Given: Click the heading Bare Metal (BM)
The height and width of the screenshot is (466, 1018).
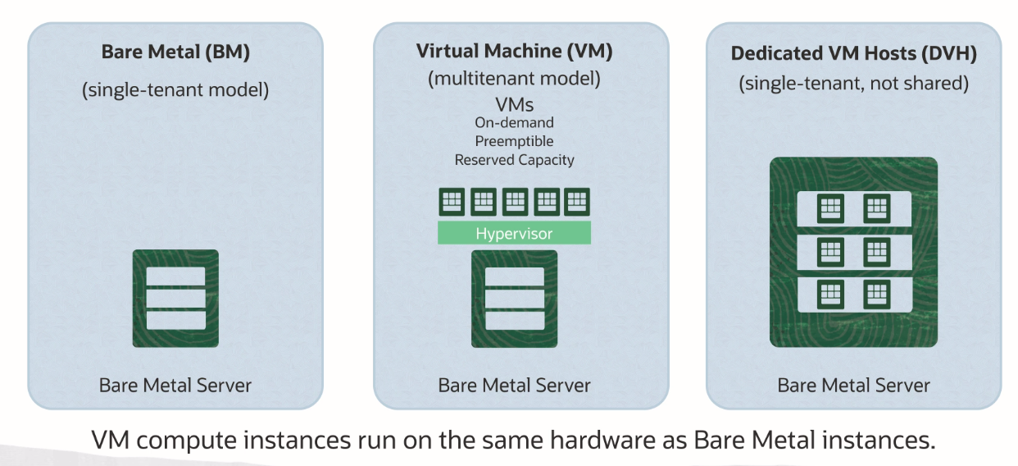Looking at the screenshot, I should (175, 53).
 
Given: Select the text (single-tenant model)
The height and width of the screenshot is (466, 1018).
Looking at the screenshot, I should (175, 89).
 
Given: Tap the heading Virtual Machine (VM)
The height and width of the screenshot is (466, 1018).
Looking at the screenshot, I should (514, 51).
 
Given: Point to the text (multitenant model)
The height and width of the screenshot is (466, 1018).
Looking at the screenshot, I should (514, 80).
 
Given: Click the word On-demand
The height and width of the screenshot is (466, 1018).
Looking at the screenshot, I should (514, 122).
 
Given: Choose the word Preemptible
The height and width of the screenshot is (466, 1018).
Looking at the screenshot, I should (514, 141).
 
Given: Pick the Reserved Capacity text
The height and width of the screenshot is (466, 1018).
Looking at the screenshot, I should (514, 160).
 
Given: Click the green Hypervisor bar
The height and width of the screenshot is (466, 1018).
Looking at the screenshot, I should (514, 234).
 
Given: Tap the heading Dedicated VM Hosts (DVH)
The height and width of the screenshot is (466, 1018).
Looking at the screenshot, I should (853, 53).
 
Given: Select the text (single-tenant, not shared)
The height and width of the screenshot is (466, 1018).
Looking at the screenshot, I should (853, 83).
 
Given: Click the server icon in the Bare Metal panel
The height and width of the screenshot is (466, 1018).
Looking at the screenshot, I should (175, 298).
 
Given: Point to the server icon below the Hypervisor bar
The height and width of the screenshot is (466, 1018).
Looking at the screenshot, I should (514, 298).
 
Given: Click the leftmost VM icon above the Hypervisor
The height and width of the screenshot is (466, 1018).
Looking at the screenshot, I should (452, 201).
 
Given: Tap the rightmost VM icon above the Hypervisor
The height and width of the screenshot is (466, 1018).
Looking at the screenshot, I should (576, 201).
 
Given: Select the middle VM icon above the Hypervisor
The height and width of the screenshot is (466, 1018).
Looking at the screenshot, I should (514, 201).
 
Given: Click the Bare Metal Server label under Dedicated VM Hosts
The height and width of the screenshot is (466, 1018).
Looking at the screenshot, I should (853, 385).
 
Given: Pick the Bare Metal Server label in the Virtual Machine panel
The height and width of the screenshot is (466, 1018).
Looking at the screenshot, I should (514, 385).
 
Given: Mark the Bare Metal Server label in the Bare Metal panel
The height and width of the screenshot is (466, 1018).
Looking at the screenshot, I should (175, 385).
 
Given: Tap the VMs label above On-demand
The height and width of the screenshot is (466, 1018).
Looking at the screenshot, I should (514, 104).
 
